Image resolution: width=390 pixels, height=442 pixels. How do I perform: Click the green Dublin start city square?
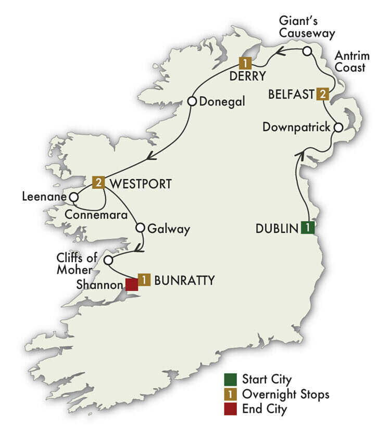[x=308, y=227]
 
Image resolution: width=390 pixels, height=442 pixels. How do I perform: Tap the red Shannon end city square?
[x=131, y=284]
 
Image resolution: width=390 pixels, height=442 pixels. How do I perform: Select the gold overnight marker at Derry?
[x=245, y=63]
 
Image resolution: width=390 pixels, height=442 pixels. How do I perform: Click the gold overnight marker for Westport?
[x=98, y=183]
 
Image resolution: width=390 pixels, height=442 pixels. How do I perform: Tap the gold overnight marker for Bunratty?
[x=144, y=280]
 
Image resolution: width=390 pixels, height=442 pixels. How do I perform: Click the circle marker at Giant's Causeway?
[x=307, y=51]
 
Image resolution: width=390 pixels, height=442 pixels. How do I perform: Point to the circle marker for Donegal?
[x=192, y=101]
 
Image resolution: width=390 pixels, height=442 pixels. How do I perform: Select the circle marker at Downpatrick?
[x=338, y=127]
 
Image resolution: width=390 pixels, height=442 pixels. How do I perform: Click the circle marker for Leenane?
[x=74, y=198]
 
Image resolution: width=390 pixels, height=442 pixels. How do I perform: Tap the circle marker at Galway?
[x=140, y=228]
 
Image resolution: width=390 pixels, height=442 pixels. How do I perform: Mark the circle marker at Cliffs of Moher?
[x=108, y=260]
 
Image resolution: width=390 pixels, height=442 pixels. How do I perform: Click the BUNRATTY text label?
[x=185, y=281]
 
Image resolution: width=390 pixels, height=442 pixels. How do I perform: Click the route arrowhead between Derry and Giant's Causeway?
[x=280, y=51]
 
